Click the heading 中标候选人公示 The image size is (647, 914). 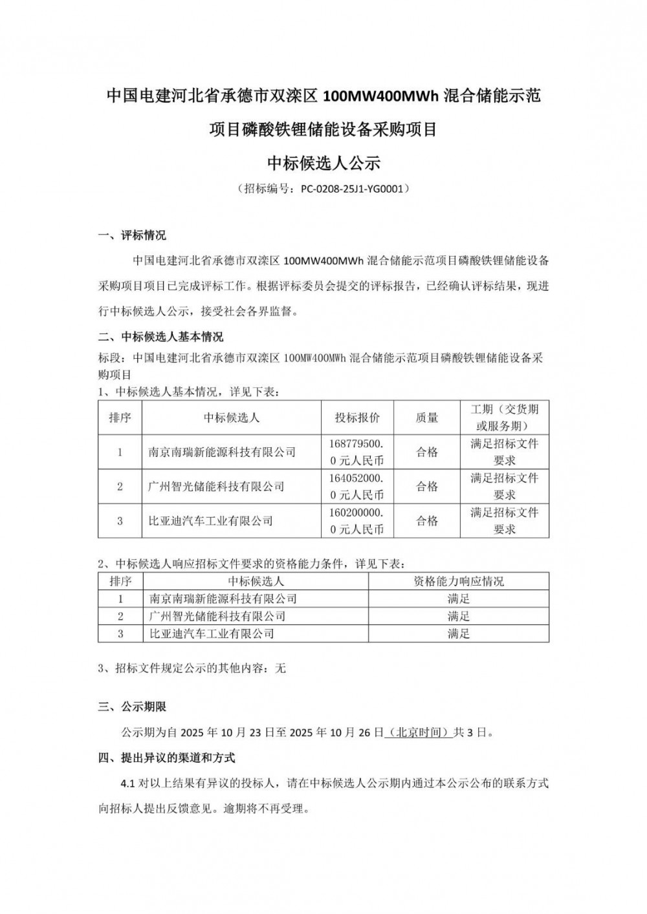point(323,163)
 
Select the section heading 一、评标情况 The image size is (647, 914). point(132,235)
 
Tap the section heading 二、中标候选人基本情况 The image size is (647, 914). point(160,337)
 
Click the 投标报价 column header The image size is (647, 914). point(357,418)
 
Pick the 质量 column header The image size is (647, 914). point(426,418)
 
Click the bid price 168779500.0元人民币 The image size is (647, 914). point(357,452)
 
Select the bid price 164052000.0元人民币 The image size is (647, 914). point(357,486)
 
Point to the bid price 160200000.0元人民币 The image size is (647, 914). point(357,520)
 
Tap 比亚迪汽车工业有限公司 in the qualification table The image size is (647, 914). point(212,633)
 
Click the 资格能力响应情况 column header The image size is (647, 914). point(458,581)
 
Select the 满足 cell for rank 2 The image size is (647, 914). point(458,616)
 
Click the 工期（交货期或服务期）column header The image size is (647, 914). point(504,418)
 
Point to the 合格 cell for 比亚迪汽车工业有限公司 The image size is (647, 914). point(426,520)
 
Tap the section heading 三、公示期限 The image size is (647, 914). point(132,707)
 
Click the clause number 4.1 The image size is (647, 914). point(127,783)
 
